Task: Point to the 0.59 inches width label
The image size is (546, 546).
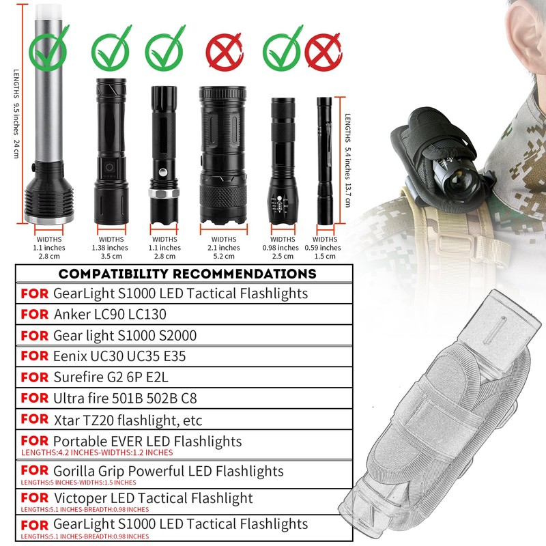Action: pos(325,247)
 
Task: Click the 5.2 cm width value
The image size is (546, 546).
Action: pos(223,257)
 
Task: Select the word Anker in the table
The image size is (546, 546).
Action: pos(72,315)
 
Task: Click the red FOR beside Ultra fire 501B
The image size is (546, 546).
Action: pos(34,397)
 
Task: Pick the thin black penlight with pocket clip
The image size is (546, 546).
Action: pos(324,164)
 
